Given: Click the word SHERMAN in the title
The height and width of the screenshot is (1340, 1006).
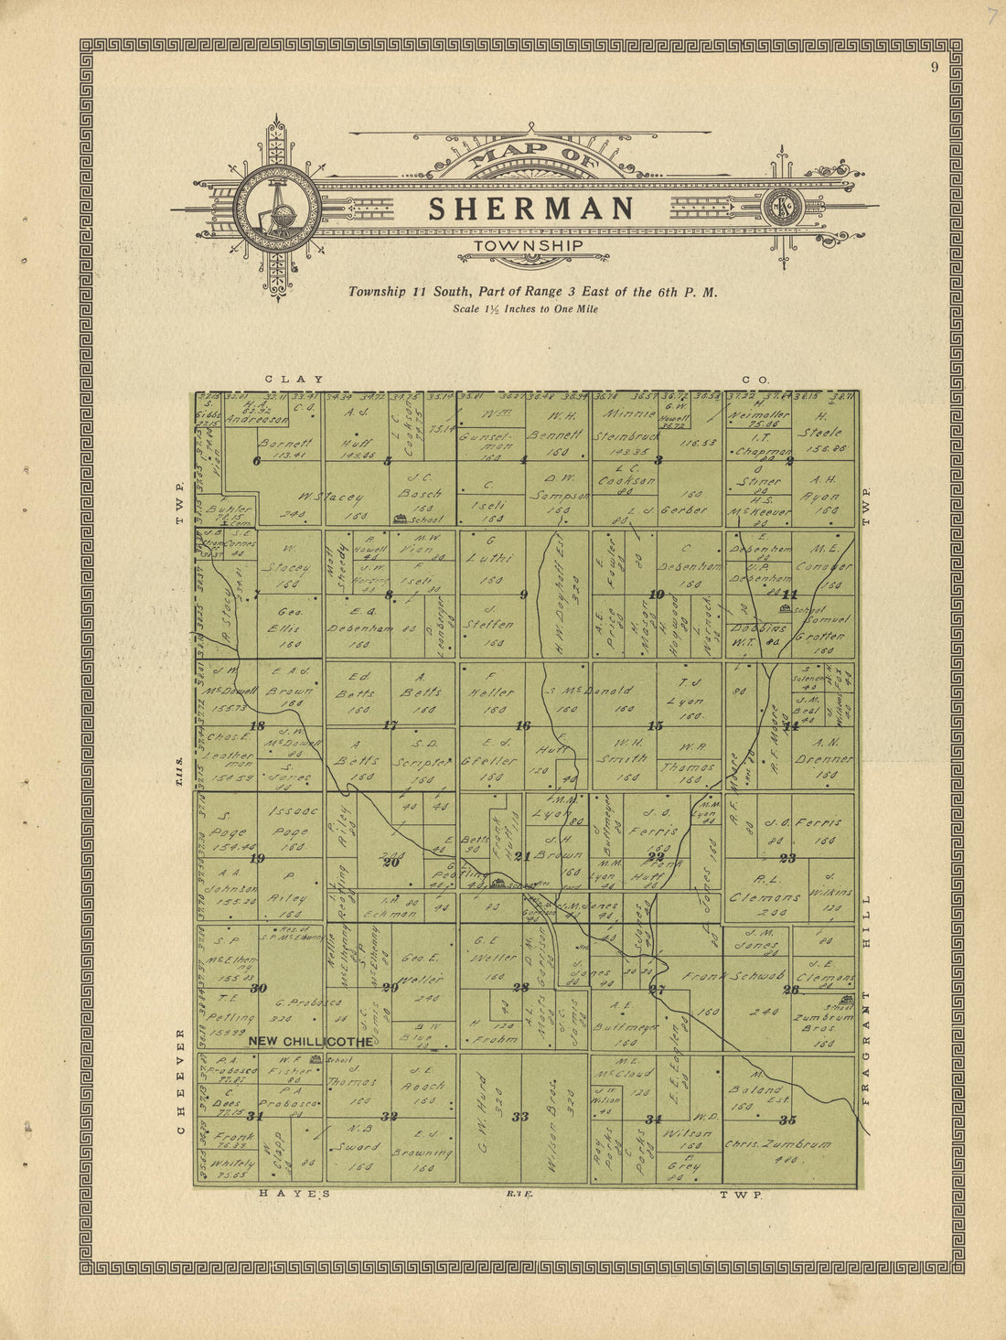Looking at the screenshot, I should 531,209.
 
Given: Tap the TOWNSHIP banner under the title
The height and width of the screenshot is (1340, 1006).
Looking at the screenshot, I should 530,246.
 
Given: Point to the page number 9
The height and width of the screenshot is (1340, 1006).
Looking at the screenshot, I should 935,66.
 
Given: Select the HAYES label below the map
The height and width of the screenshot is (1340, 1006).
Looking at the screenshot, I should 294,1194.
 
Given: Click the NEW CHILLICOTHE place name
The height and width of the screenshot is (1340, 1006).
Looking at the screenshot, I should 311,1042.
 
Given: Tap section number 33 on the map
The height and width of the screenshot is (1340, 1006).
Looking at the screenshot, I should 520,1116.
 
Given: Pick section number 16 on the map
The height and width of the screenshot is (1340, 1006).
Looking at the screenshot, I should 523,725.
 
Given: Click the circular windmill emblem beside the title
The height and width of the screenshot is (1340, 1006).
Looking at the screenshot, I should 277,209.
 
